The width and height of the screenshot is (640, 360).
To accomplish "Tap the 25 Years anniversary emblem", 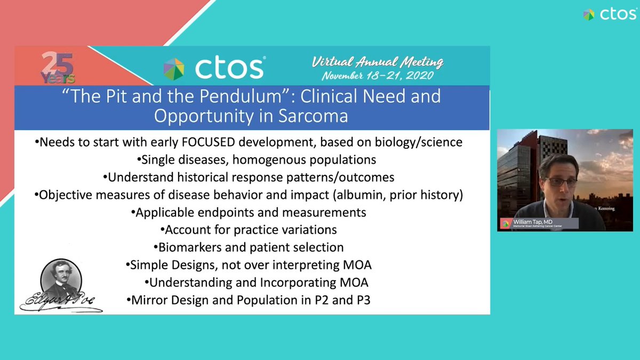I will click(x=55, y=68).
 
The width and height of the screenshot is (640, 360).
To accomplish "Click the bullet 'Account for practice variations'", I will click(x=249, y=230).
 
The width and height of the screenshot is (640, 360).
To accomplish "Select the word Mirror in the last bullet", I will click(x=147, y=300).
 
